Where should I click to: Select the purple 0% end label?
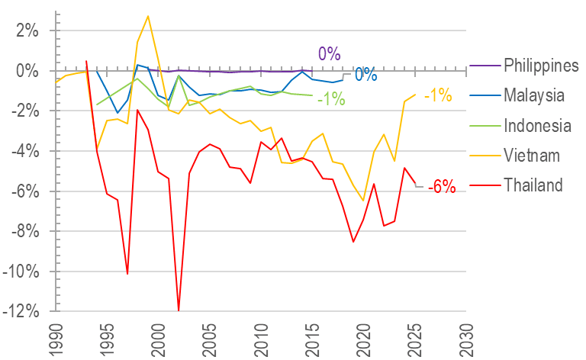point(329,54)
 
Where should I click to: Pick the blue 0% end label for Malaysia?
point(365,75)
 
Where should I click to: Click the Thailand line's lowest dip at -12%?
point(179,310)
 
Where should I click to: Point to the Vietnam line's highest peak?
point(148,16)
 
